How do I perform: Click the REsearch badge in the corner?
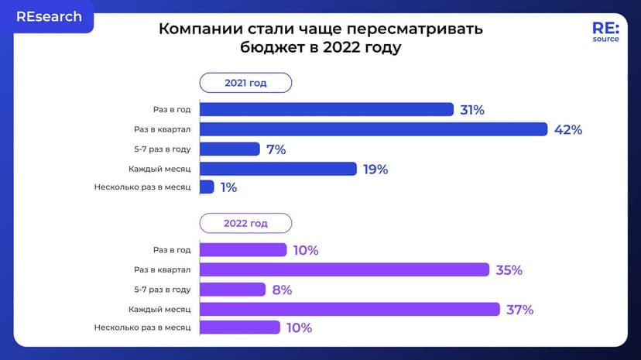[x=48, y=16]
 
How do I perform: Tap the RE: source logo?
[x=605, y=33]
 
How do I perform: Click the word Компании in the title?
[x=195, y=29]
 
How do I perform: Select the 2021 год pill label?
[x=245, y=83]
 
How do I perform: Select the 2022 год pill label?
[x=245, y=223]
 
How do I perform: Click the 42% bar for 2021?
[x=373, y=129]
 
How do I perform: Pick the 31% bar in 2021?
[x=326, y=109]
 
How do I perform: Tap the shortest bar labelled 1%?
[x=207, y=187]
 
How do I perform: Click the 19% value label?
[x=375, y=169]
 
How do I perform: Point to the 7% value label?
[x=276, y=149]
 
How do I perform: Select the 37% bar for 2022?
[x=349, y=309]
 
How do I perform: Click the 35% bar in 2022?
[x=344, y=269]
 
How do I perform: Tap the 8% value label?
[x=282, y=290]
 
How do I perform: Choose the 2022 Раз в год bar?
[x=243, y=249]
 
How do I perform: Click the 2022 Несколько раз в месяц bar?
[x=239, y=327]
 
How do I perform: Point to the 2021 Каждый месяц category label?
[x=160, y=168]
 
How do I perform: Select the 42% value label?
[x=568, y=129]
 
